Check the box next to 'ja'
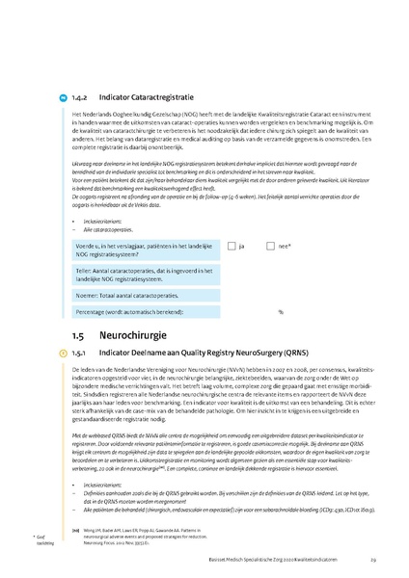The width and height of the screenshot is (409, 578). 232,246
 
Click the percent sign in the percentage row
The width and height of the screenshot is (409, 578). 281,312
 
